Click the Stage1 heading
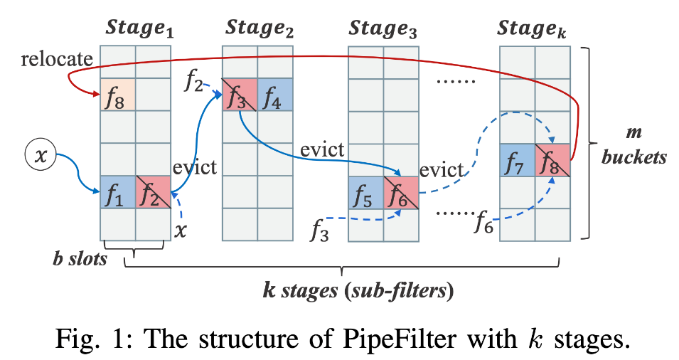140,30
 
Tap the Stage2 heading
259,30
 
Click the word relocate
46,60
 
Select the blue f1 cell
117,192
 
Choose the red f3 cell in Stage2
240,95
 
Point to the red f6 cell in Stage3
400,194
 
